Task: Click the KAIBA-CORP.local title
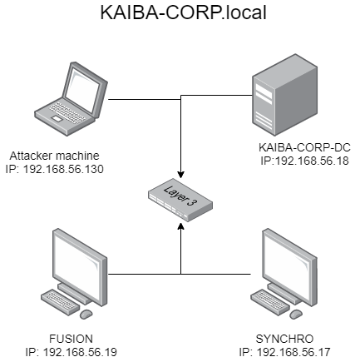point(183,12)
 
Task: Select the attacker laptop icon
point(71,98)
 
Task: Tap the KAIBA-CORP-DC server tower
point(285,95)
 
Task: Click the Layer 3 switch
point(180,200)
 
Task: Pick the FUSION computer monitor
point(80,266)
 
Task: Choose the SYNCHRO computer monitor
point(289,266)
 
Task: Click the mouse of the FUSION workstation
point(86,314)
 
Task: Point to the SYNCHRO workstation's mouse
point(296,314)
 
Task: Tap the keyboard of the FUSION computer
point(61,302)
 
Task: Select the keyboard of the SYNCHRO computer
point(270,302)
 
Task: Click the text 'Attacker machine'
point(54,156)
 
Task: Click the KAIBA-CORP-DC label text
point(304,147)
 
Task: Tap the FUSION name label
point(71,339)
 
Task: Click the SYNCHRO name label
point(284,339)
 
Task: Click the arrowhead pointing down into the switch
point(180,175)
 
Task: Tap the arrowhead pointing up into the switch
point(180,226)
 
